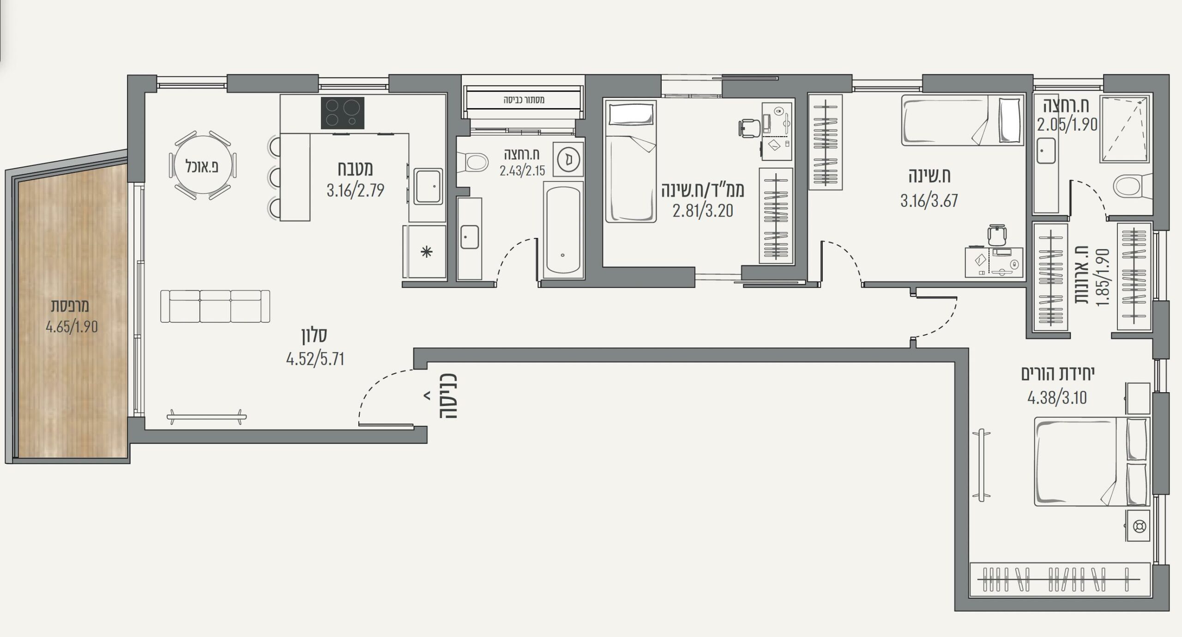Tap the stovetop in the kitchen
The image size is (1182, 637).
(x=343, y=113)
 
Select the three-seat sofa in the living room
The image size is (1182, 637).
(x=215, y=306)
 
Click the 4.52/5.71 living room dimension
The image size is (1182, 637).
(x=315, y=359)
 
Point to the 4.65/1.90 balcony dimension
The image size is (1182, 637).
(x=72, y=327)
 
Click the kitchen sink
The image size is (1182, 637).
(x=428, y=186)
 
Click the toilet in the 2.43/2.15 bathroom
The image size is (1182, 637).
(x=473, y=163)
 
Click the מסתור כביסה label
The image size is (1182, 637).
(x=524, y=99)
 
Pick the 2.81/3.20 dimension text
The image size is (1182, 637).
(x=703, y=211)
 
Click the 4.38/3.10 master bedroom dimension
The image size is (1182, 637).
(x=1057, y=398)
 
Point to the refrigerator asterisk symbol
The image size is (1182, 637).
(x=427, y=252)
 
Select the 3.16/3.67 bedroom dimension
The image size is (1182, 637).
(x=929, y=201)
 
